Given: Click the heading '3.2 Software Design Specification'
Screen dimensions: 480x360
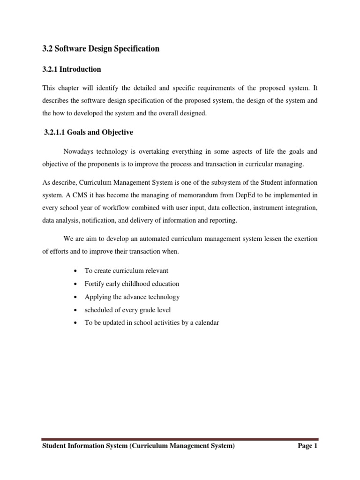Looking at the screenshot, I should click(x=101, y=49).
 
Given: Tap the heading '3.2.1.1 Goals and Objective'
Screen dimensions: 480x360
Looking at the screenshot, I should click(x=88, y=133).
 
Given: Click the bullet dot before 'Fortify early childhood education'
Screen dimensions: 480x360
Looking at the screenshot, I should click(x=75, y=284).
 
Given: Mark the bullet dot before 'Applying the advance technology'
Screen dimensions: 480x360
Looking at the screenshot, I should click(x=75, y=297).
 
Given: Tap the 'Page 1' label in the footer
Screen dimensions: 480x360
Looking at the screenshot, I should click(x=307, y=446).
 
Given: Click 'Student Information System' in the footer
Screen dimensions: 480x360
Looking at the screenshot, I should click(x=84, y=446).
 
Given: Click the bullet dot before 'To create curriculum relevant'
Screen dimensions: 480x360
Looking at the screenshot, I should click(x=75, y=271).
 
